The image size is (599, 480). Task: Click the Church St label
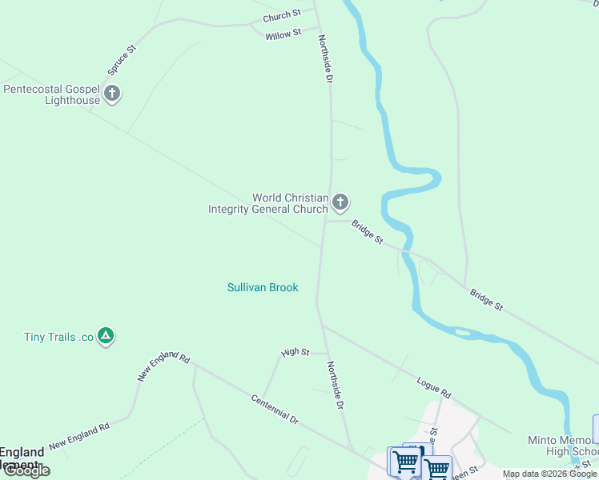tap(281, 14)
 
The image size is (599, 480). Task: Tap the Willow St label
tap(283, 34)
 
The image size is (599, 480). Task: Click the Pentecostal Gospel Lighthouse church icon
tap(111, 94)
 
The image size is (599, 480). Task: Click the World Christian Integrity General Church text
tap(268, 203)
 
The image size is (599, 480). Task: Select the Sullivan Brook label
tap(263, 287)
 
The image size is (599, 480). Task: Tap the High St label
tap(295, 352)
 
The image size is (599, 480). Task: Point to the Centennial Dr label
tap(274, 409)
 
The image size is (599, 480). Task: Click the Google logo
tap(26, 470)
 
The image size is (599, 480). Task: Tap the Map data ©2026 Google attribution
tap(549, 474)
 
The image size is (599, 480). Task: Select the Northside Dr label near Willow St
tap(325, 58)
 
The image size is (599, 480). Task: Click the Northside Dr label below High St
tap(336, 385)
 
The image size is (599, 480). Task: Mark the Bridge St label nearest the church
tap(368, 233)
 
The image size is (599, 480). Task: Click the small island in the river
tap(461, 331)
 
